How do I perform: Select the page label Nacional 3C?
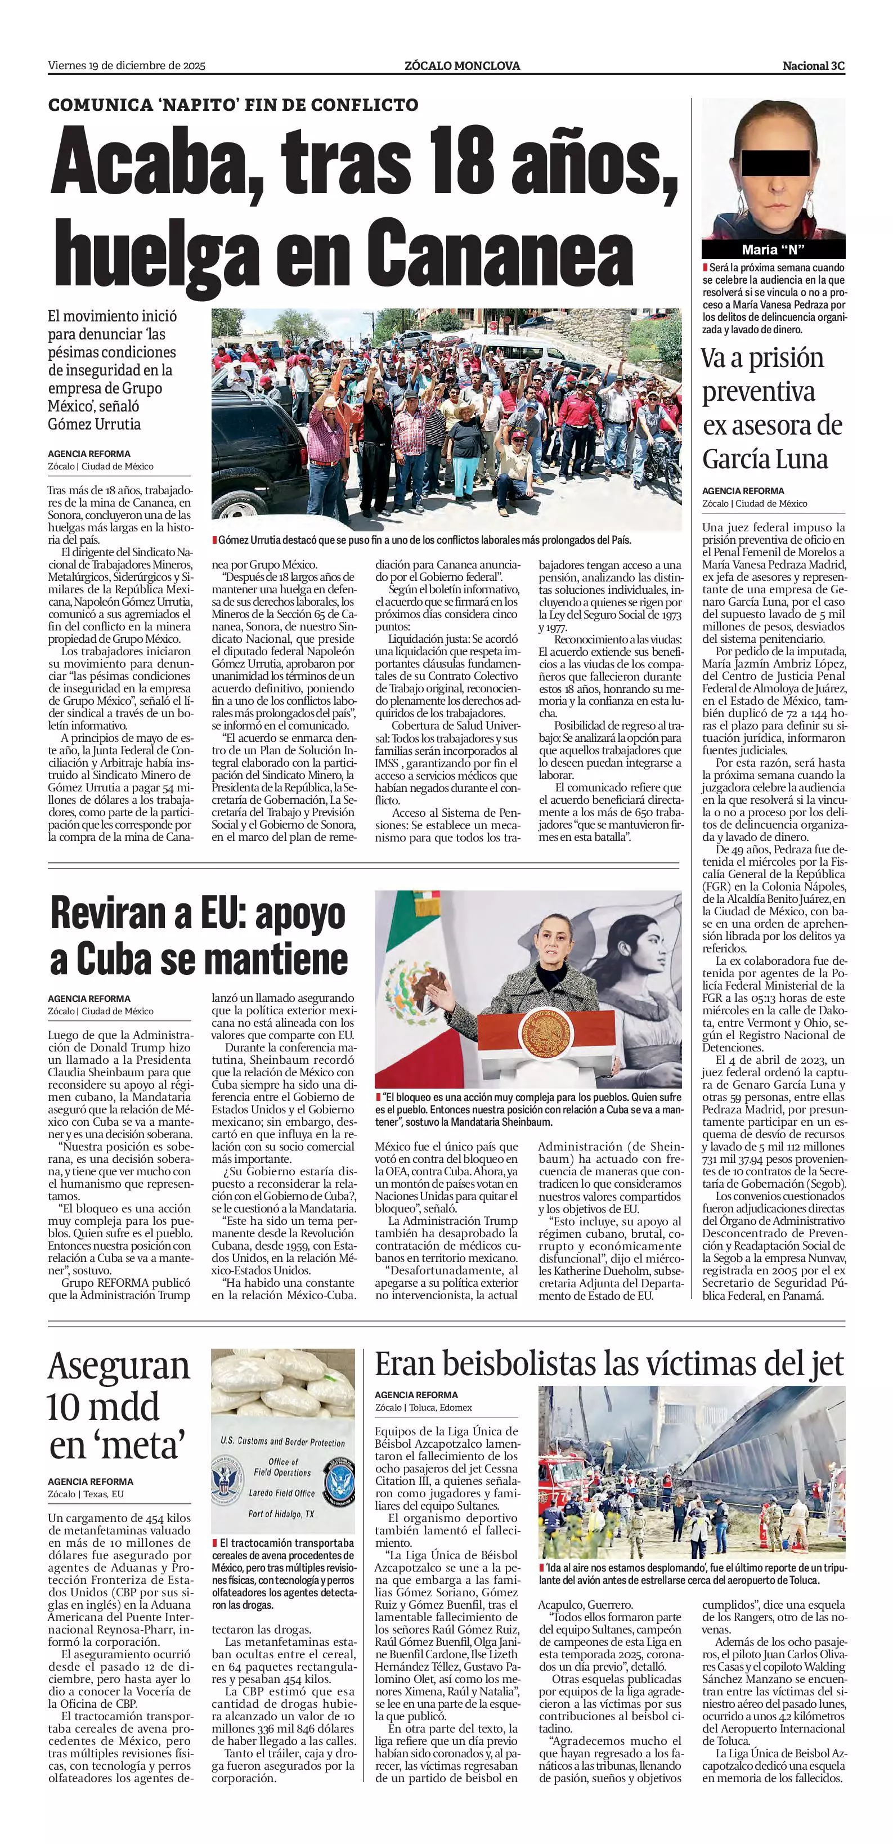pyautogui.click(x=814, y=66)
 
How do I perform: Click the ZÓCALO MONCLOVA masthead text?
pyautogui.click(x=462, y=66)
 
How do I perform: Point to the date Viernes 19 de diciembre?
pyautogui.click(x=127, y=66)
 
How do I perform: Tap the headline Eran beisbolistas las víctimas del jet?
pyautogui.click(x=609, y=1364)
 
